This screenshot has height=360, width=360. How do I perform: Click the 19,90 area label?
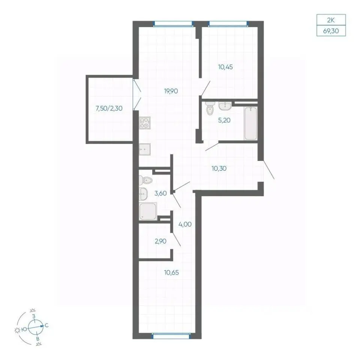point(171,91)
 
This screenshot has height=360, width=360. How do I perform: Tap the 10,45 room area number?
point(225,67)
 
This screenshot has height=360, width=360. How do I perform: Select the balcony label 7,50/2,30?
point(109,108)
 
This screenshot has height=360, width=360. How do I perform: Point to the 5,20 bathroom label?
point(224,120)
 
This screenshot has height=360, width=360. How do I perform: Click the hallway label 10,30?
point(219,168)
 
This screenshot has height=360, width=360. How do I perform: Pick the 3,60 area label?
point(160,193)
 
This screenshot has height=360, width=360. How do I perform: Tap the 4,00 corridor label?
point(185,224)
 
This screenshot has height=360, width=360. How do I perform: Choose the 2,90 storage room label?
point(160,241)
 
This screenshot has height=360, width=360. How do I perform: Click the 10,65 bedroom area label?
point(171,273)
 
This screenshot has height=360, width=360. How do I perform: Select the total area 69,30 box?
point(331,31)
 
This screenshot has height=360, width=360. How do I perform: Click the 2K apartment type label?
point(331,20)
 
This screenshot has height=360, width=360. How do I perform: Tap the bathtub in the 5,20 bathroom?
point(250,123)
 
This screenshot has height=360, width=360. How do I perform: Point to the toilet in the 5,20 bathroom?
point(210,109)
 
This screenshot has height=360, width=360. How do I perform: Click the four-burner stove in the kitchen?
point(145,123)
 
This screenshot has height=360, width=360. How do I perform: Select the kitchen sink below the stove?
point(145,150)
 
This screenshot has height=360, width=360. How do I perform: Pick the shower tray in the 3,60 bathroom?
point(148,211)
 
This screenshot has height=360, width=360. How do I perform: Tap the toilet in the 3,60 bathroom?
point(145,180)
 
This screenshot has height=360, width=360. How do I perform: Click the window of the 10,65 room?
point(171,336)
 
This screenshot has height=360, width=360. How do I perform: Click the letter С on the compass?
point(46,325)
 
